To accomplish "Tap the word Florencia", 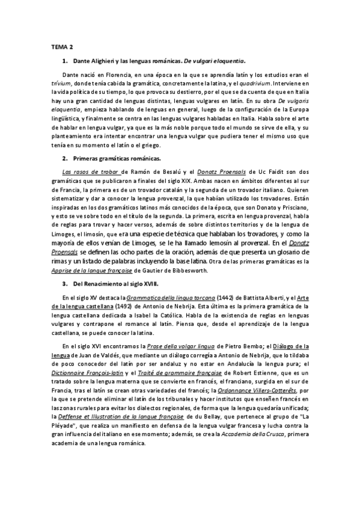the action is click(x=107, y=75).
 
